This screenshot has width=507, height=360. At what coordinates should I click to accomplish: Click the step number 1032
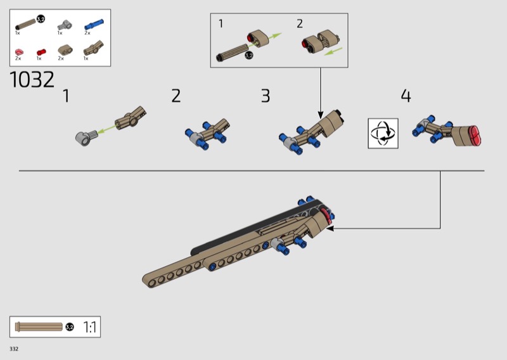[32, 80]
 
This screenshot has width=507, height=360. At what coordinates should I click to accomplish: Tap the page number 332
[14, 349]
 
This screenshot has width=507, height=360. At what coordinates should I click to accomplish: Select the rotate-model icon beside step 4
[383, 133]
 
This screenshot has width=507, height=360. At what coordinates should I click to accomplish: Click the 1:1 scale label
[90, 327]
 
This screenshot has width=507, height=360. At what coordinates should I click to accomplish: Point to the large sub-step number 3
[266, 96]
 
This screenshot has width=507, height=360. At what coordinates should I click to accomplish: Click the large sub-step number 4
[406, 96]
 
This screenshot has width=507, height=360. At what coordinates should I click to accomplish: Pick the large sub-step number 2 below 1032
[176, 96]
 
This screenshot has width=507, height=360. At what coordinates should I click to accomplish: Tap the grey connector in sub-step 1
[86, 137]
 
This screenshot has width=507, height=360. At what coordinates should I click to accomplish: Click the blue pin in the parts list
[94, 24]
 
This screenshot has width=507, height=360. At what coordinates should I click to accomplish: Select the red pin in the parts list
[41, 52]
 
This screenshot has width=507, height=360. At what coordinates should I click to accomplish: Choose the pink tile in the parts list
[19, 52]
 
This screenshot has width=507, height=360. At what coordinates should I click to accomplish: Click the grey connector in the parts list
[65, 25]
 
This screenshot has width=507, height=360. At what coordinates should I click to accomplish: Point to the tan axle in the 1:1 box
[39, 326]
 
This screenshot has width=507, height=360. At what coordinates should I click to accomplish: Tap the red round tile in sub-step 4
[475, 136]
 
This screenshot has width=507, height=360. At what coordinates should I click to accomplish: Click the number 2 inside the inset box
[300, 23]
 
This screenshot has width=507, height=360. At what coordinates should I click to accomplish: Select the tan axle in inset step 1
[231, 53]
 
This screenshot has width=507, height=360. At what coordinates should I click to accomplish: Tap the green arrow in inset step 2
[333, 51]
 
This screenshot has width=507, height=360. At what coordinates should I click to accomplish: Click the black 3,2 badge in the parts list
[41, 19]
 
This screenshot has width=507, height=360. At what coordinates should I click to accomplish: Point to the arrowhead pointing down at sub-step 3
[321, 115]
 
